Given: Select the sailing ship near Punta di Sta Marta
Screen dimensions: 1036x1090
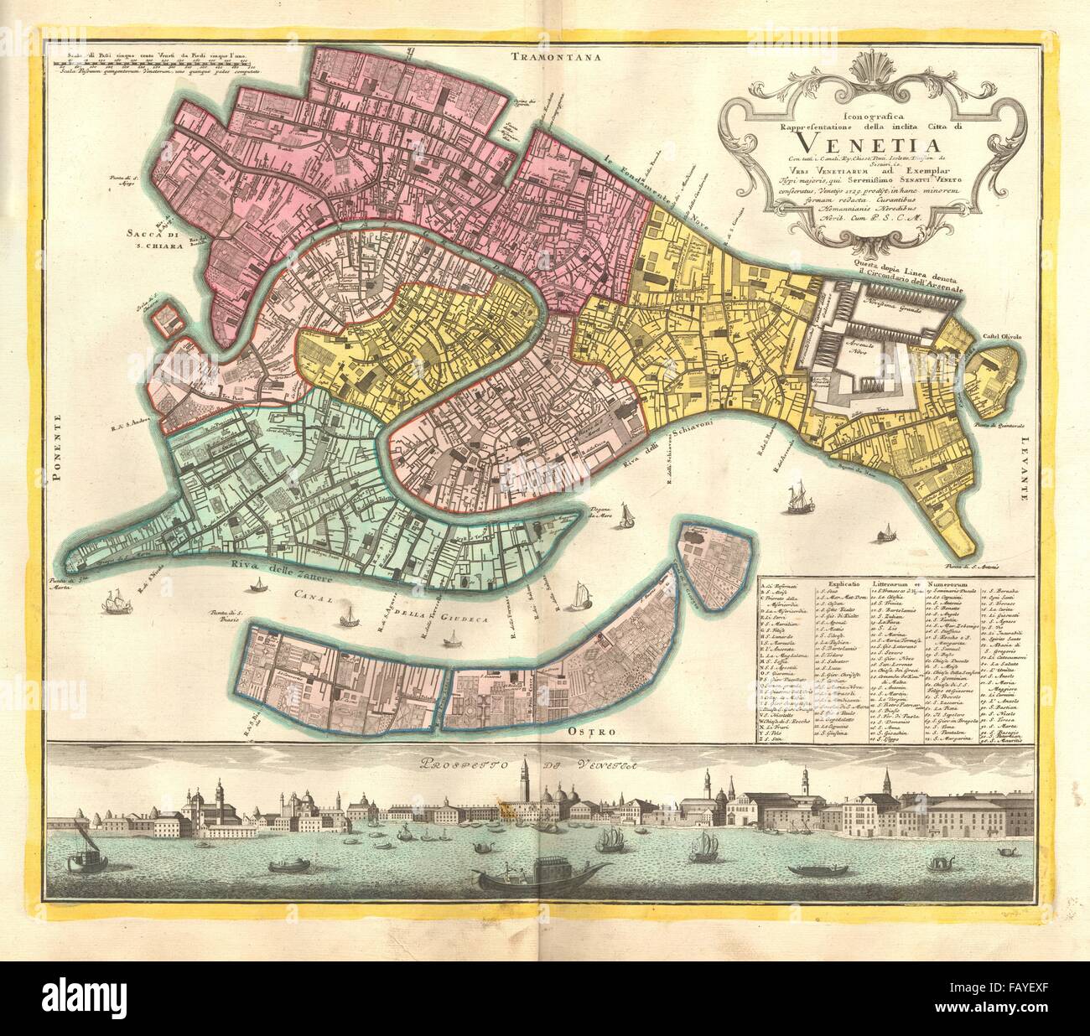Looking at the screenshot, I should (111, 602).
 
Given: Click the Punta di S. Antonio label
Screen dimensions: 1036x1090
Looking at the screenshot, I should (977, 567).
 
